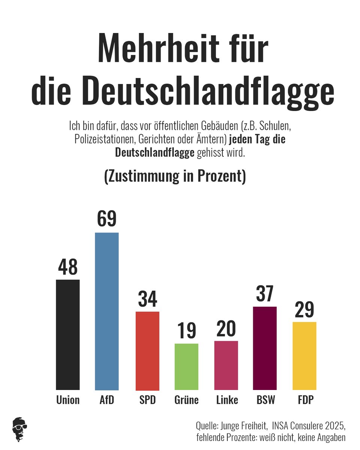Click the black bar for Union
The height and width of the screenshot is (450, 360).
[x=67, y=334]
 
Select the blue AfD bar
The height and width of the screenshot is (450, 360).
[x=107, y=311]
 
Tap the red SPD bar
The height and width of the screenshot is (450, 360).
[x=147, y=351]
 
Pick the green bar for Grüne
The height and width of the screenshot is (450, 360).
[x=186, y=367]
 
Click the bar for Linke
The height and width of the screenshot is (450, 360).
[x=226, y=365]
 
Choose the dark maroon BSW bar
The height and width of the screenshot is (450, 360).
[x=265, y=348]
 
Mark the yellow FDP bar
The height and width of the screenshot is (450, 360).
[x=304, y=355]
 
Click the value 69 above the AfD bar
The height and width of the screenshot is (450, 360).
[x=107, y=219]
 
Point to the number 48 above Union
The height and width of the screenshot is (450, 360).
[x=67, y=267]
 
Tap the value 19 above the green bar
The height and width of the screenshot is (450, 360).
[x=186, y=330]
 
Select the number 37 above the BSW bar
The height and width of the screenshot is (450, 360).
[x=265, y=294]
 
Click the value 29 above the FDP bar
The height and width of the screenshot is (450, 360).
[x=304, y=309]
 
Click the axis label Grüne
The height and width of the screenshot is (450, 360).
[x=186, y=400]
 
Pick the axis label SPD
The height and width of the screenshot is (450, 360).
[x=147, y=400]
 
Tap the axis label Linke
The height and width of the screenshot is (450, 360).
[x=227, y=400]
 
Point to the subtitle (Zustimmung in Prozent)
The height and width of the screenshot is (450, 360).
[x=175, y=176]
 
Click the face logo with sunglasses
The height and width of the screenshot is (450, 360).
[x=20, y=429]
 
